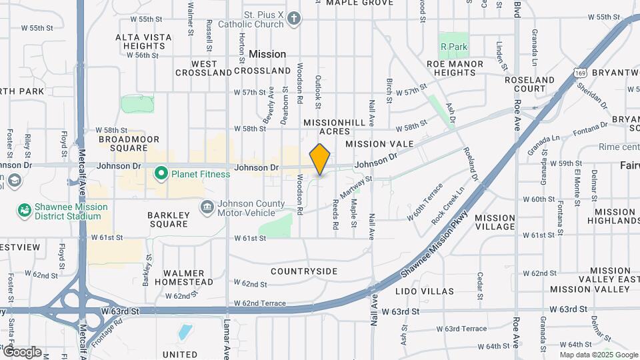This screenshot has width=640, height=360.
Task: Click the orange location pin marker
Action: point(320,159)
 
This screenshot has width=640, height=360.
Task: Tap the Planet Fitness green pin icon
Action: point(161,174)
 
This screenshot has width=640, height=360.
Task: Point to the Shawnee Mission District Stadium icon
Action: point(24,211)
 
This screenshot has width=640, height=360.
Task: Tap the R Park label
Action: point(454,47)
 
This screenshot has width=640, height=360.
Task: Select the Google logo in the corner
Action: point(22,352)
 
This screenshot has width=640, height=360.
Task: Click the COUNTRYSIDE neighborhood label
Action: point(304,271)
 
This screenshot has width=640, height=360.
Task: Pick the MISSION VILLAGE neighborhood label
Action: point(495,222)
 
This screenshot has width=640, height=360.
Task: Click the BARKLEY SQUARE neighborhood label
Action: point(168,219)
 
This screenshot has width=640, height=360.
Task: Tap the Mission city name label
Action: point(267,54)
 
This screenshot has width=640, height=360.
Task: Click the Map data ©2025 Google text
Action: point(598,355)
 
